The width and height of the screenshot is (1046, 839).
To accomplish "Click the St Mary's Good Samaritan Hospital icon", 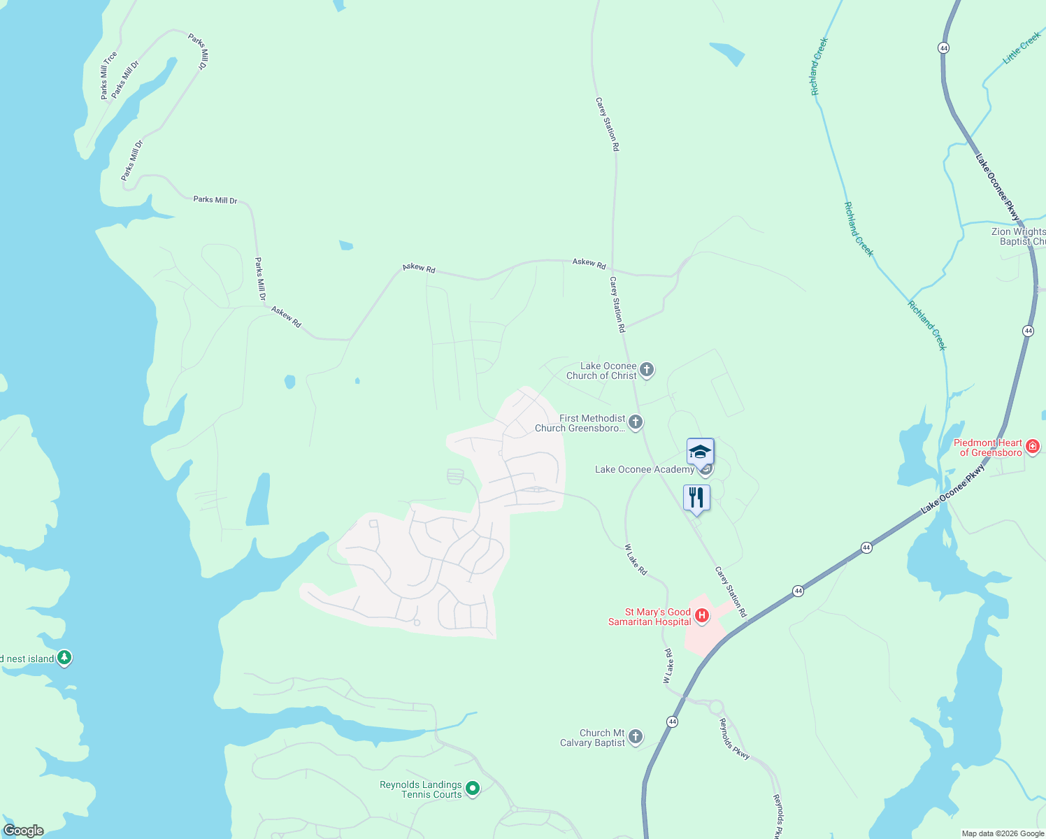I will click(x=702, y=616).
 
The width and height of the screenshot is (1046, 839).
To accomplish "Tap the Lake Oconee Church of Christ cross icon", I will click(x=647, y=370).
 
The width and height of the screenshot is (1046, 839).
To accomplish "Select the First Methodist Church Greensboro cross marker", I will click(x=635, y=422).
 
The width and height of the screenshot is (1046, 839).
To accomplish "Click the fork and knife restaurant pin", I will click(x=696, y=498).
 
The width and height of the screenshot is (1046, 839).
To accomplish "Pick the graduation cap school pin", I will click(x=700, y=452).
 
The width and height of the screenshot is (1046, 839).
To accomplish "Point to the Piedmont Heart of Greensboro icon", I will click(x=1033, y=446).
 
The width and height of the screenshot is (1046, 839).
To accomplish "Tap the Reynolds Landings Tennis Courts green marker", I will click(x=473, y=789).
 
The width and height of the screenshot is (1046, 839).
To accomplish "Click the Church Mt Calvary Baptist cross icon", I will click(x=635, y=736).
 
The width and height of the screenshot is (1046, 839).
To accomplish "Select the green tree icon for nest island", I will click(x=64, y=657).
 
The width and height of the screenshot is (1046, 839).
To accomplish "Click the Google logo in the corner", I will click(x=23, y=831).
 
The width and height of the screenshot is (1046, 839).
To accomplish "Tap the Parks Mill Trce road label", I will click(x=108, y=75).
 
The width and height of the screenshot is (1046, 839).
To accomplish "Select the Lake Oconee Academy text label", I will click(x=644, y=469).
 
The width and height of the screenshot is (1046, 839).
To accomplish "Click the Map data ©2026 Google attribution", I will click(x=1002, y=833).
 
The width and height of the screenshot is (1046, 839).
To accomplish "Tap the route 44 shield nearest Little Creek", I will click(x=944, y=48).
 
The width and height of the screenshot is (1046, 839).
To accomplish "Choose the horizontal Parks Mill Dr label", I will click(x=215, y=200).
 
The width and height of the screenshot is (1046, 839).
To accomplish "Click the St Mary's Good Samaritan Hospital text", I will click(x=650, y=617).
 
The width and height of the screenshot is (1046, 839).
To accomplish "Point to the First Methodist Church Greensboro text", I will click(x=580, y=423).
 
